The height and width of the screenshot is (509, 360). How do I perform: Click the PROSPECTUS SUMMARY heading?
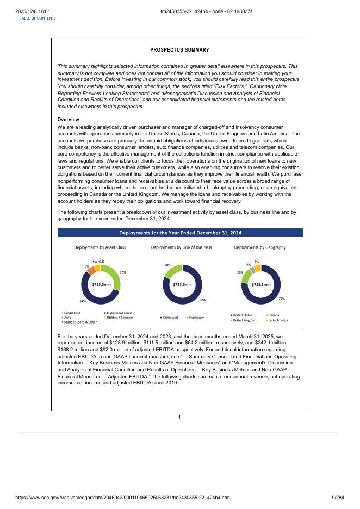tap(179, 50)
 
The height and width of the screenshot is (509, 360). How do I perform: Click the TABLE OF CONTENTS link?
tap(38, 18)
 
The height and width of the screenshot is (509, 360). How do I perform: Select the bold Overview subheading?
tap(69, 120)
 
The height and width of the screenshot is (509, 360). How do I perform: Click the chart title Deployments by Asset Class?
tap(100, 247)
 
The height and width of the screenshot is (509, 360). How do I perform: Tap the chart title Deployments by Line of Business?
tap(181, 247)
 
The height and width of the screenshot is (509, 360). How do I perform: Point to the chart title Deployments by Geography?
tap(260, 247)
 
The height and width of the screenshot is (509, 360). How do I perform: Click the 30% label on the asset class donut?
tap(123, 272)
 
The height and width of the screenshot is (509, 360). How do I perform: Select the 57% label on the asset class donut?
tap(82, 300)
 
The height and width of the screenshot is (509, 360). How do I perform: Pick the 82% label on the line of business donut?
tap(202, 300)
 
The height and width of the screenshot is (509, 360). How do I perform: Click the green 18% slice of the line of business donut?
tap(172, 270)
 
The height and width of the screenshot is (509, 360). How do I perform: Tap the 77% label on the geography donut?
tap(282, 299)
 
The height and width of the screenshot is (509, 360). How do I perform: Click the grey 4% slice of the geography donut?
tap(252, 269)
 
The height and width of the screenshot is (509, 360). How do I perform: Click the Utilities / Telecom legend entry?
tap(118, 317)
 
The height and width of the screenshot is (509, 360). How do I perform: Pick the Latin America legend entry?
tap(278, 320)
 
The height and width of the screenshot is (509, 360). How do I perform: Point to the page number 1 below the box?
tap(179, 417)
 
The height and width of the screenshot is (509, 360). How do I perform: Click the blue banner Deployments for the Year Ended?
tap(180, 233)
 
